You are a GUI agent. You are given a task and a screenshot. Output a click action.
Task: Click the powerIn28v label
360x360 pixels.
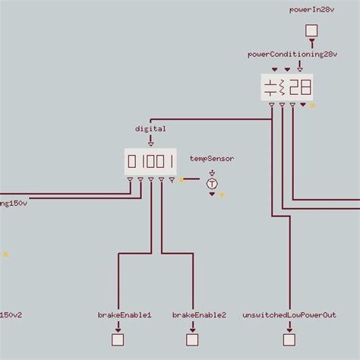click(x=311, y=10)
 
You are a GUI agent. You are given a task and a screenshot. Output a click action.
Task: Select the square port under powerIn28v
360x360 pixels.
click(x=311, y=31)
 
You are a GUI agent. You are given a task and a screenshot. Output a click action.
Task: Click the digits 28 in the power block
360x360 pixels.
click(x=299, y=87)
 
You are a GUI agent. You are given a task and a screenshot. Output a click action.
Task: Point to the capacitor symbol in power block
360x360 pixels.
click(x=270, y=87)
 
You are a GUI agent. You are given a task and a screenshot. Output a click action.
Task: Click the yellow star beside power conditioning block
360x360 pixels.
click(x=312, y=106)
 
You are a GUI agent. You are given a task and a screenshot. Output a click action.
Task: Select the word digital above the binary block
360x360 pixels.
click(x=150, y=129)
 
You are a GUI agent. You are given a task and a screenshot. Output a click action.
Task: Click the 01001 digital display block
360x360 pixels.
click(x=150, y=161)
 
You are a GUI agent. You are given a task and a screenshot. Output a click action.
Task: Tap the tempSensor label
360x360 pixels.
click(x=212, y=159)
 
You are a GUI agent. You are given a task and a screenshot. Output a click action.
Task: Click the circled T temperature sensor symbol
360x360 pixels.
click(x=212, y=184)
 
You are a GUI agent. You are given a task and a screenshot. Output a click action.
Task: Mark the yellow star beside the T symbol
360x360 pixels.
click(x=222, y=195)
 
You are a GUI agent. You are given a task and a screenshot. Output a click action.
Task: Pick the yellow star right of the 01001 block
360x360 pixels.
click(x=181, y=180)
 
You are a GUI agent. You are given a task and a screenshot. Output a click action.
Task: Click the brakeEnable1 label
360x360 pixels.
click(x=125, y=314)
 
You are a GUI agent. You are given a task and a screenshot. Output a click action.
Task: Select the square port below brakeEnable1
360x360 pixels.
click(x=118, y=339)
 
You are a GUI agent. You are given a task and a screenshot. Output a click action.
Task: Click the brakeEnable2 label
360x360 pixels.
click(x=199, y=314)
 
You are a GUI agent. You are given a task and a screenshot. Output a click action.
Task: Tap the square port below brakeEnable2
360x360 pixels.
click(x=194, y=339)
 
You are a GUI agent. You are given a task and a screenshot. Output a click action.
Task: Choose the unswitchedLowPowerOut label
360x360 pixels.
click(x=289, y=314)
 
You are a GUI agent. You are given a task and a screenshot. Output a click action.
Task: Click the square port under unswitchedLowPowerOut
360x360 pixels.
click(x=289, y=339)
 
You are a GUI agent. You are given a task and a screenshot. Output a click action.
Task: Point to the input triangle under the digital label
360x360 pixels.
click(x=150, y=141)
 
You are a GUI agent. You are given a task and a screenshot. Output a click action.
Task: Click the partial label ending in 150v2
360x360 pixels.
click(x=11, y=314)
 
